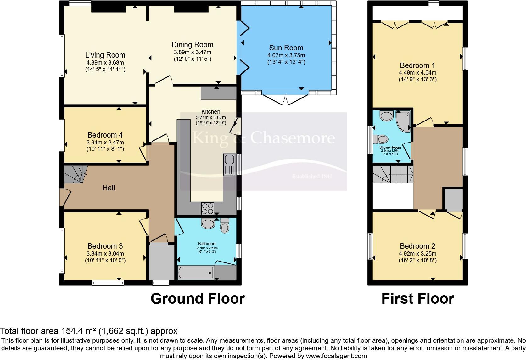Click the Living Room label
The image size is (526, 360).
tap(105, 55)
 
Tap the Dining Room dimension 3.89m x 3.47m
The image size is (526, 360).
tap(192, 52)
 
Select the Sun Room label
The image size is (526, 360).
tap(286, 48)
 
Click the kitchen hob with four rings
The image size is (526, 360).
tap(208, 209)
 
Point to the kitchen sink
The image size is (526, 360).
tap(229, 165)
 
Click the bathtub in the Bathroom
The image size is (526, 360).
tap(196, 273)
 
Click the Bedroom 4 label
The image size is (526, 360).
tap(105, 135)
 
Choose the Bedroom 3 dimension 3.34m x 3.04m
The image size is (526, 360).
tap(105, 253)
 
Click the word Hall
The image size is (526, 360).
tap(109, 188)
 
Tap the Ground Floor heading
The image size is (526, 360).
tap(198, 299)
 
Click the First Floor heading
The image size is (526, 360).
tap(418, 299)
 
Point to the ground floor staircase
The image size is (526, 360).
tap(75, 174)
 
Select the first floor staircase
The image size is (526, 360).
tap(393, 174)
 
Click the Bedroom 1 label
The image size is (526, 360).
tap(417, 65)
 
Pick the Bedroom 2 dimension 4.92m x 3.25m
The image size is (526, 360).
tap(417, 254)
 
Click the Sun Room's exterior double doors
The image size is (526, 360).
tap(285, 99)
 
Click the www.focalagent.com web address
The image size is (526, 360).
tap(336, 356)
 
